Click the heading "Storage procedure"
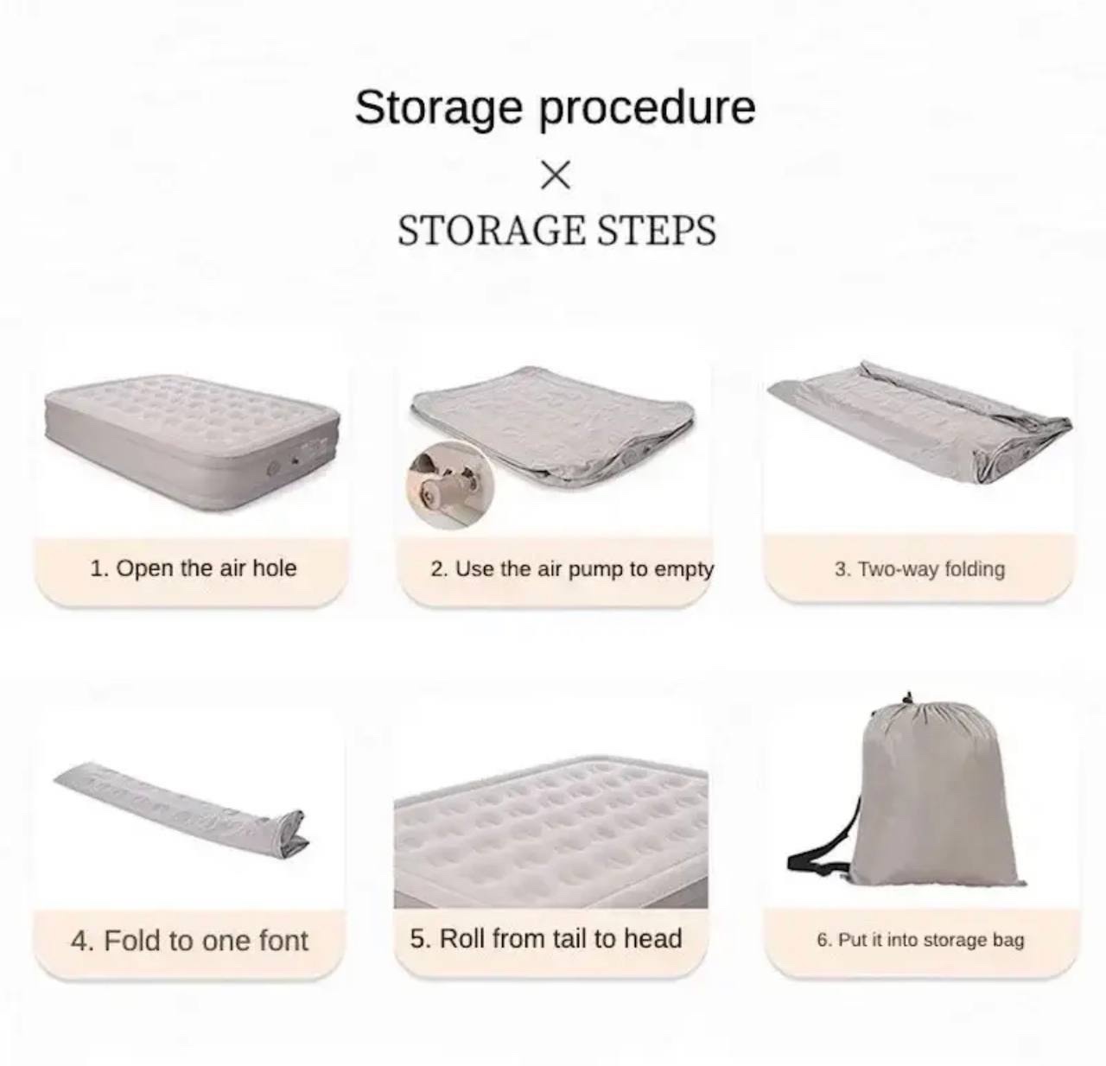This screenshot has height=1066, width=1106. coord(555,108)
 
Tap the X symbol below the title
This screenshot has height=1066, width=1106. coord(555,175)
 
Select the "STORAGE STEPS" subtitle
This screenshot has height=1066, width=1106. coord(556,230)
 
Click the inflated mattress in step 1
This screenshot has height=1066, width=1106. coord(193,443)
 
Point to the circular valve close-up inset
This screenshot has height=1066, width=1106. coord(451,484)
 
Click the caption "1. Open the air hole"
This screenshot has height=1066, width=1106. coord(194,568)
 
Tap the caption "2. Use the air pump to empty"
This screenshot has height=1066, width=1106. coord(572,568)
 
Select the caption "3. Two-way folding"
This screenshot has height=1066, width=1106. coord(919,568)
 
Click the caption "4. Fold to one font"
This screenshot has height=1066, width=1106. coord(189,941)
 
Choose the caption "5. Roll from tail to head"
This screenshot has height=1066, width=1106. coord(545,939)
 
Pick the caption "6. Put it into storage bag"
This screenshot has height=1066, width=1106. coord(921,940)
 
